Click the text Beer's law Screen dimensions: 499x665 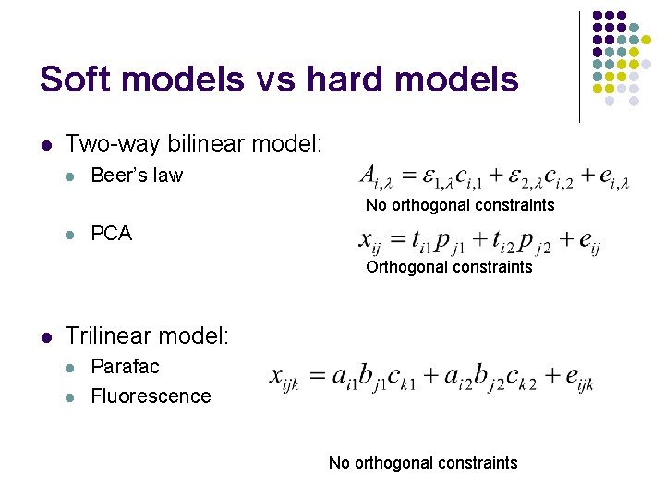pyautogui.click(x=137, y=176)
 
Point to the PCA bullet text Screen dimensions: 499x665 pyautogui.click(x=111, y=234)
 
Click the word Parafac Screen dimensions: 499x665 pyautogui.click(x=125, y=366)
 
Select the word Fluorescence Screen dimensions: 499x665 pyautogui.click(x=151, y=396)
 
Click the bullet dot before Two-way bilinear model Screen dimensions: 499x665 pyautogui.click(x=45, y=145)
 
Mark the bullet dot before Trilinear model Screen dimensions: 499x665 pyautogui.click(x=45, y=337)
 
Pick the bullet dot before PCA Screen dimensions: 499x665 pyautogui.click(x=71, y=235)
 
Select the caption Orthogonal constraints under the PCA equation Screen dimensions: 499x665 pyautogui.click(x=449, y=267)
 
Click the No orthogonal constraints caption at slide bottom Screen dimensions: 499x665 pyautogui.click(x=423, y=463)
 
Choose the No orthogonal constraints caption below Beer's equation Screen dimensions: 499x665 pyautogui.click(x=460, y=204)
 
